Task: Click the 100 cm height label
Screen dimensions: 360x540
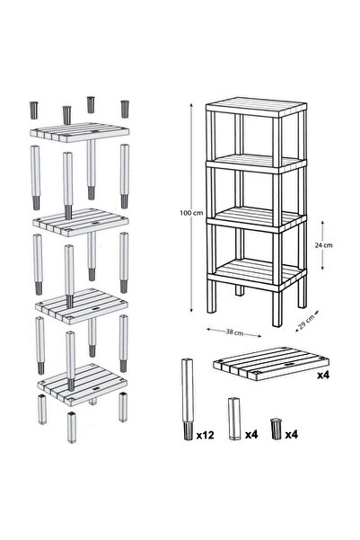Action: [191, 213]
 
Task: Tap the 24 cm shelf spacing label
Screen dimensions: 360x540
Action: [323, 245]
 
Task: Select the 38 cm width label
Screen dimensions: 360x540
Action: [234, 332]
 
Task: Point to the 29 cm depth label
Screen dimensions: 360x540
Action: [307, 323]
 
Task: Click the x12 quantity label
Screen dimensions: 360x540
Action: [205, 435]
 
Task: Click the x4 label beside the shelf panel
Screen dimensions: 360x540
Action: [323, 375]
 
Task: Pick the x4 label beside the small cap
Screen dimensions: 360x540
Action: [291, 435]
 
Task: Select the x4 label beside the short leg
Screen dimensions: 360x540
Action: [251, 435]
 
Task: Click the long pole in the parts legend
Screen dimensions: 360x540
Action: [188, 399]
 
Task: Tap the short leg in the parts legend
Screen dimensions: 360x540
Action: [234, 419]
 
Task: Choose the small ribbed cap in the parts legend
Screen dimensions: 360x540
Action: [276, 429]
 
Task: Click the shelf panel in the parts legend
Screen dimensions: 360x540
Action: [270, 364]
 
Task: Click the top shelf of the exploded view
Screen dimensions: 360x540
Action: [79, 132]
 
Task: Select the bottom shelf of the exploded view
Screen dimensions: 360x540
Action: [83, 383]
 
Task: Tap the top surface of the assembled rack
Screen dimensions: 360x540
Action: [257, 108]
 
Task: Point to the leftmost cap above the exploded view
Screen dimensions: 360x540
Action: [34, 111]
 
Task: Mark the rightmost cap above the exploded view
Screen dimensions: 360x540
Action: [125, 109]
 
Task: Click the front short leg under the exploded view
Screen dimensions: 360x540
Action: [72, 427]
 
